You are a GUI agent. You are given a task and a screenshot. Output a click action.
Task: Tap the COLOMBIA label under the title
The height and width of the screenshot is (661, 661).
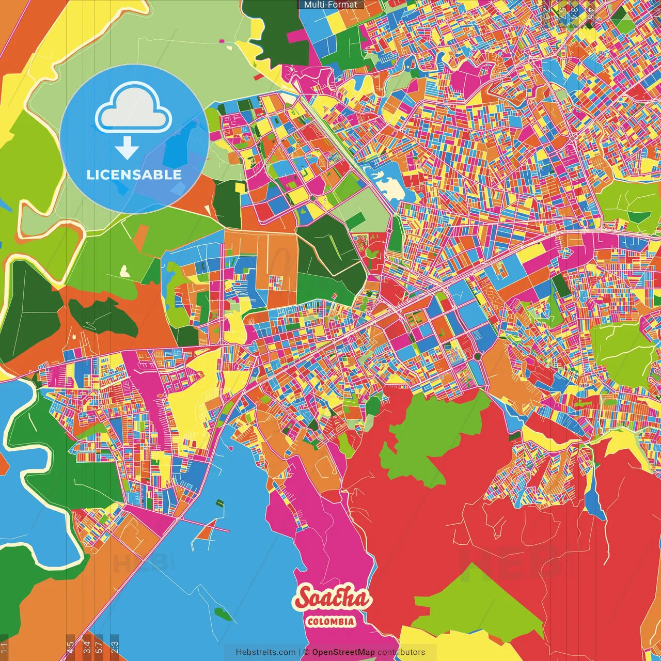pyautogui.click(x=331, y=621)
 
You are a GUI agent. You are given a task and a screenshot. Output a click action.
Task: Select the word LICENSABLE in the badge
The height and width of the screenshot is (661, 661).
pyautogui.click(x=134, y=175)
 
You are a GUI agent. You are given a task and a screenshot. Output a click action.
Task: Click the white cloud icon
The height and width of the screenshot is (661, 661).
pyautogui.click(x=134, y=109)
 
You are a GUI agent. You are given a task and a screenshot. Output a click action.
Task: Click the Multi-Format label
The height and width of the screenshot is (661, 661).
pyautogui.click(x=330, y=5)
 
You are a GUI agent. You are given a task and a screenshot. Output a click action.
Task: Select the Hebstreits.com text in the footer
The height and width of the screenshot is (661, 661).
pyautogui.click(x=265, y=652)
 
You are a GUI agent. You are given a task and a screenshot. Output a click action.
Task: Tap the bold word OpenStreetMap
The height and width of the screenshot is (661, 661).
pyautogui.click(x=343, y=652)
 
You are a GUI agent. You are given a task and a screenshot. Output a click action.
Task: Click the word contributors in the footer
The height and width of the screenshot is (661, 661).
pyautogui.click(x=401, y=652)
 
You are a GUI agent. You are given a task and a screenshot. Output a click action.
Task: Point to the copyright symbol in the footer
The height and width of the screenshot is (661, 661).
pyautogui.click(x=306, y=652)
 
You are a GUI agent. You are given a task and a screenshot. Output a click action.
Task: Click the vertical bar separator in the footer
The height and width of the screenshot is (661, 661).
pyautogui.click(x=300, y=652)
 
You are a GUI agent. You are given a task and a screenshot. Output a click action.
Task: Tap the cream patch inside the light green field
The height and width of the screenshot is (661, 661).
pyautogui.click(x=124, y=271)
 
